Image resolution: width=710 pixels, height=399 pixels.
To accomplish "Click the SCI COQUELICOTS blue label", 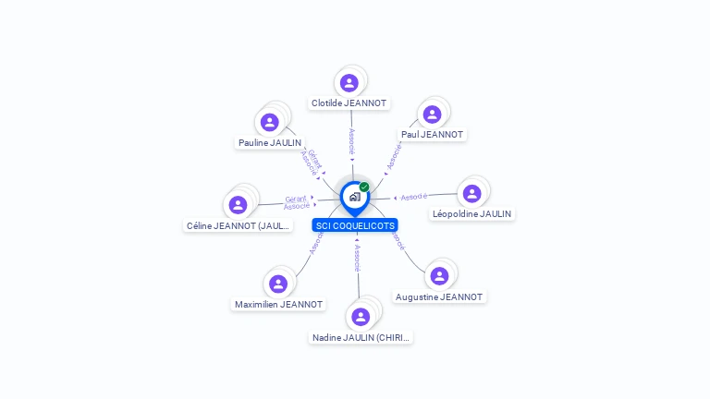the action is click(x=355, y=225).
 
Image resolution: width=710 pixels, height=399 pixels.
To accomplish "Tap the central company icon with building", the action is click(x=354, y=197).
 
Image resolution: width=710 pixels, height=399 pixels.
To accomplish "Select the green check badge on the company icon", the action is click(x=364, y=187).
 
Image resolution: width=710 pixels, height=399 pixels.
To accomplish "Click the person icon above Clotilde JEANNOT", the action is click(x=349, y=83).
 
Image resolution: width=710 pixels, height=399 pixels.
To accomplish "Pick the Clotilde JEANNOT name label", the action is click(x=349, y=103).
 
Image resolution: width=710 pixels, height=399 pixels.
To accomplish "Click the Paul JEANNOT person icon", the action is click(x=432, y=115).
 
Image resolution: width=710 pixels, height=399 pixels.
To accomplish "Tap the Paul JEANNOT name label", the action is click(x=432, y=135).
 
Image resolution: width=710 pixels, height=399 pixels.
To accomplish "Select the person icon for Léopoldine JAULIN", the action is click(x=471, y=193).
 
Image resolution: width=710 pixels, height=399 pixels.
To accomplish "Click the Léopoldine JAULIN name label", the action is click(x=471, y=214).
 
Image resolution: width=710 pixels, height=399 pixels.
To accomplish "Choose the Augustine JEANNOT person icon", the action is click(x=439, y=275).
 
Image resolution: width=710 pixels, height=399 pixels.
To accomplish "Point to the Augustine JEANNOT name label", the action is click(x=439, y=297).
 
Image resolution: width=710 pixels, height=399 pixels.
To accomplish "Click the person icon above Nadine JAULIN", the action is click(x=361, y=317).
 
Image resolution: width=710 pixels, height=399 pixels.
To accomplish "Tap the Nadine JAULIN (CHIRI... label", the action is click(x=361, y=338).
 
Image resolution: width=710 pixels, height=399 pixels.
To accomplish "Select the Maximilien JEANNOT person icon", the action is click(x=278, y=284).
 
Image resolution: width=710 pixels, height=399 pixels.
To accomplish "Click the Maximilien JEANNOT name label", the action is click(x=278, y=305).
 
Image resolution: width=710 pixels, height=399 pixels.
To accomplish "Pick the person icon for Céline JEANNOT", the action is click(x=239, y=204).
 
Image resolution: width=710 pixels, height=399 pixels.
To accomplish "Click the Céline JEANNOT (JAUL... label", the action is click(x=239, y=225).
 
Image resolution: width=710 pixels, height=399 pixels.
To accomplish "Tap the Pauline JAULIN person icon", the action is click(x=269, y=122).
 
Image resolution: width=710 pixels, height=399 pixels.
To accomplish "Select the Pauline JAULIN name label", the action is click(x=269, y=143).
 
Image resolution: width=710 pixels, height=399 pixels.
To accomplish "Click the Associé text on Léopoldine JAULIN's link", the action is click(x=414, y=197).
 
